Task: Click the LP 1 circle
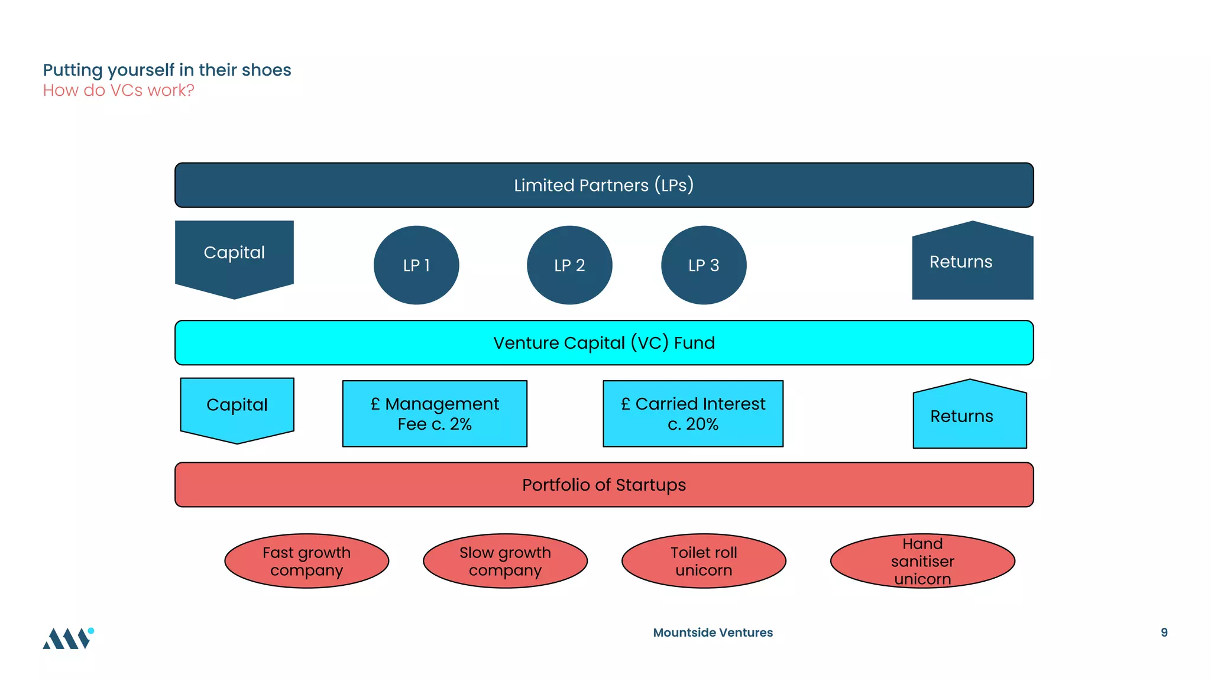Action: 416,265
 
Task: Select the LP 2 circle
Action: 569,265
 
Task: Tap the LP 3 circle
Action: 704,265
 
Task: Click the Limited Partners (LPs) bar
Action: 604,185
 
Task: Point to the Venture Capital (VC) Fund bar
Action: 604,343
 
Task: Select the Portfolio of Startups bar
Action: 604,485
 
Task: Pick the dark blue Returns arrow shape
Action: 972,263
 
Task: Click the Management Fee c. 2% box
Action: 435,414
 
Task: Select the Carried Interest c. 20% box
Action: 693,414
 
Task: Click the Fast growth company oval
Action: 306,561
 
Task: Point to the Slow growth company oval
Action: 505,561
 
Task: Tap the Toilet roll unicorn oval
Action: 704,561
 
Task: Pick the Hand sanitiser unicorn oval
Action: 922,561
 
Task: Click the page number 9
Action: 1164,633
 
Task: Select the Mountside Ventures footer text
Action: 713,633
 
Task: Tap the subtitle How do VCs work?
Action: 118,90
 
